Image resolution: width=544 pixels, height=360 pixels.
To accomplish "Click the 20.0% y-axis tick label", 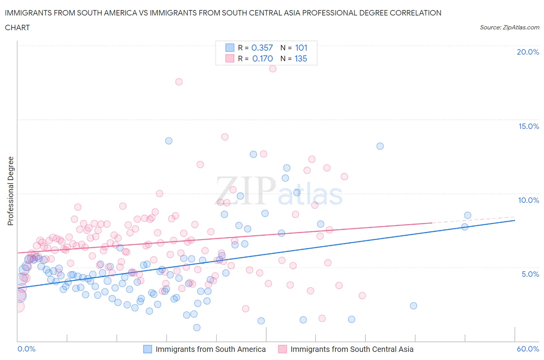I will click(x=528, y=52).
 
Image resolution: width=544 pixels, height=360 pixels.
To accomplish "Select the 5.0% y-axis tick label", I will click(x=530, y=274).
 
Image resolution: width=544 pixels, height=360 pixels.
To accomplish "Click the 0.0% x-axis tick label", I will click(x=26, y=349).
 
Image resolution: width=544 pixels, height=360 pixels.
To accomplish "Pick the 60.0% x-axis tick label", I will click(x=528, y=349).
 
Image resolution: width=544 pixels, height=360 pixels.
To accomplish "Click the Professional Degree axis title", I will click(x=10, y=191).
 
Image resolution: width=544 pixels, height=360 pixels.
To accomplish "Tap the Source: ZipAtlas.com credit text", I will click(x=509, y=27).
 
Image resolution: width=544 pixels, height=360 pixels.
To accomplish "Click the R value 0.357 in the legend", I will click(x=262, y=48).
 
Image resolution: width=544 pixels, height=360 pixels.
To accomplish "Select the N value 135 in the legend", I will click(x=301, y=58).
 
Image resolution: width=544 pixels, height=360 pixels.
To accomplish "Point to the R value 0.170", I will click(x=262, y=58).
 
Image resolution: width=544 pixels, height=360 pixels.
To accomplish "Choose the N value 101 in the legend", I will click(x=301, y=48).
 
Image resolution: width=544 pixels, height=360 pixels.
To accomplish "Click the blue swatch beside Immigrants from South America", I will click(x=147, y=349).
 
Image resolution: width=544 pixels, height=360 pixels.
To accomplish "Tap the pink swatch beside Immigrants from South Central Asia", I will click(x=282, y=349).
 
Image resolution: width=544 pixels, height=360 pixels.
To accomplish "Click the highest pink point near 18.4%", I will click(x=272, y=69).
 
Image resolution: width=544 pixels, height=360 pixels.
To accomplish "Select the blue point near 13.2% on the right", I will click(x=380, y=146).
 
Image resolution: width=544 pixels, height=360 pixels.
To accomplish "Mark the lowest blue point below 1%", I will click(x=197, y=327).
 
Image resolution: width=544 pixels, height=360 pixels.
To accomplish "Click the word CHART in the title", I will click(x=17, y=27).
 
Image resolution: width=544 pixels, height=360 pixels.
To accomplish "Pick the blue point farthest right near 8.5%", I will click(x=467, y=215).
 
